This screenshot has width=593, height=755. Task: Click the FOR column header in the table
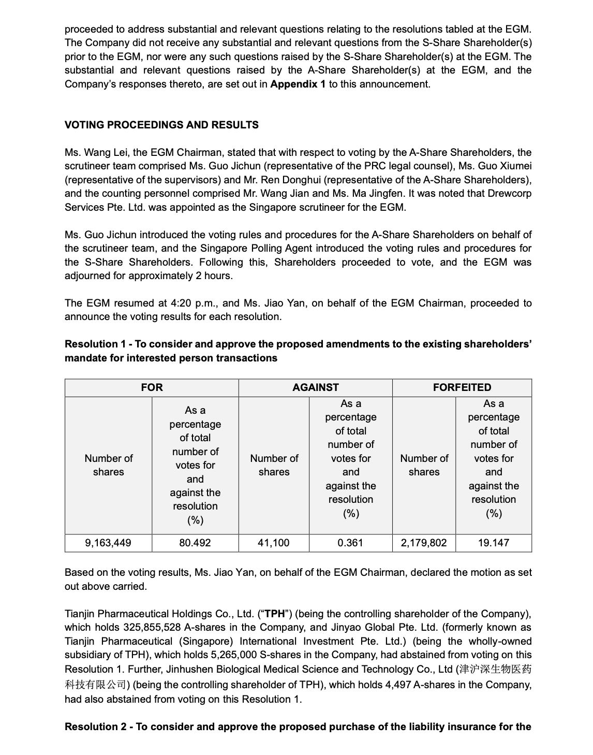click(x=152, y=387)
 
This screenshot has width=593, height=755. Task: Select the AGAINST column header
click(x=316, y=387)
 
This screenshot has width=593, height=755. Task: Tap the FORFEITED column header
click(x=462, y=387)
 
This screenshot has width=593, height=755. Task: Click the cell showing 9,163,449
click(x=108, y=543)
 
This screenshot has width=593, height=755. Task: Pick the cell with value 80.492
click(x=195, y=543)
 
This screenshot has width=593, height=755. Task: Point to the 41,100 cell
click(x=274, y=543)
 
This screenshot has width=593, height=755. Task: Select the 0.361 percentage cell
click(x=350, y=543)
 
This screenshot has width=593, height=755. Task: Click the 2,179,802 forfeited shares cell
click(x=424, y=543)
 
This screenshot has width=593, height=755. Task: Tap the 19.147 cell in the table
click(x=494, y=543)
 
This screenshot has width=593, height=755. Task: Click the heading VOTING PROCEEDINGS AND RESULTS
click(x=161, y=125)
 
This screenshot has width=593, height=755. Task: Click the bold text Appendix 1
click(x=298, y=84)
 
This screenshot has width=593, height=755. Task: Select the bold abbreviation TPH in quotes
click(x=275, y=614)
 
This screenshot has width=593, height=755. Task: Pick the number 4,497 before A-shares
click(x=397, y=685)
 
